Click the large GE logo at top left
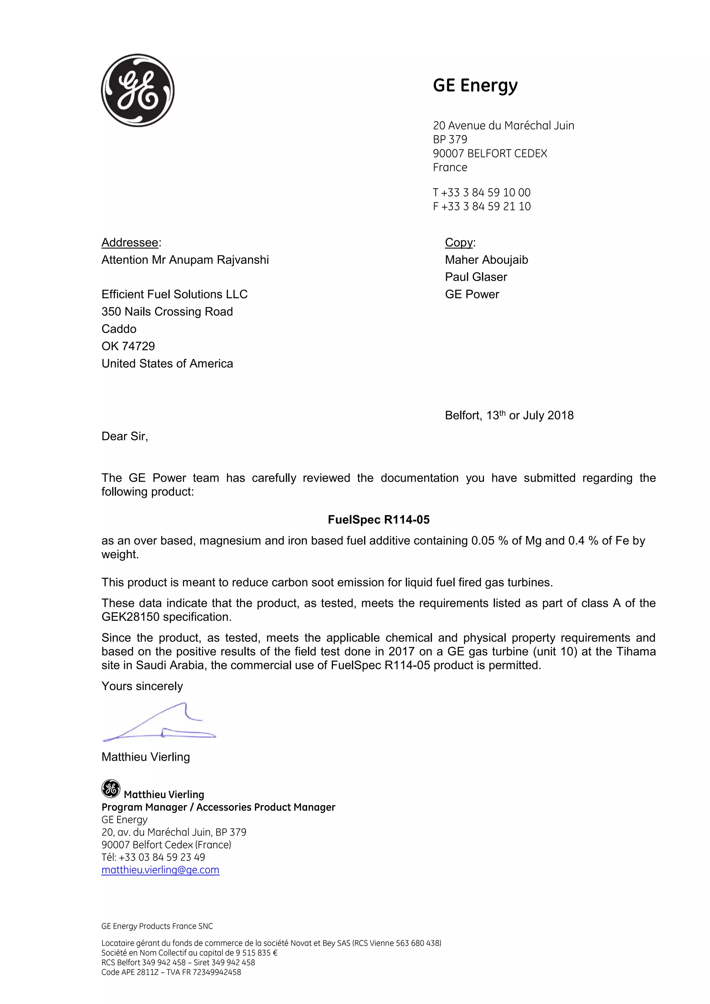[138, 90]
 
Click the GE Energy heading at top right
[475, 85]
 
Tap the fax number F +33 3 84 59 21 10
[482, 207]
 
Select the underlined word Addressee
[130, 242]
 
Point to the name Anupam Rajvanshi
[219, 260]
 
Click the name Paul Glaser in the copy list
[476, 277]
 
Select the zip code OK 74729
[128, 346]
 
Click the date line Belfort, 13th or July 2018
[509, 416]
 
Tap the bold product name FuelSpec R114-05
[379, 520]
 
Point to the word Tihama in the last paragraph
[636, 652]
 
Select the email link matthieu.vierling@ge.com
[160, 870]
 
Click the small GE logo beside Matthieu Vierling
[111, 789]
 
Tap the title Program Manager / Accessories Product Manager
[218, 807]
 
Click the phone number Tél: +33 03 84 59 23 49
[153, 857]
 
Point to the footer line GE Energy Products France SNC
[157, 926]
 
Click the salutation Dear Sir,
[125, 436]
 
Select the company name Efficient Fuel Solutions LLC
[174, 294]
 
